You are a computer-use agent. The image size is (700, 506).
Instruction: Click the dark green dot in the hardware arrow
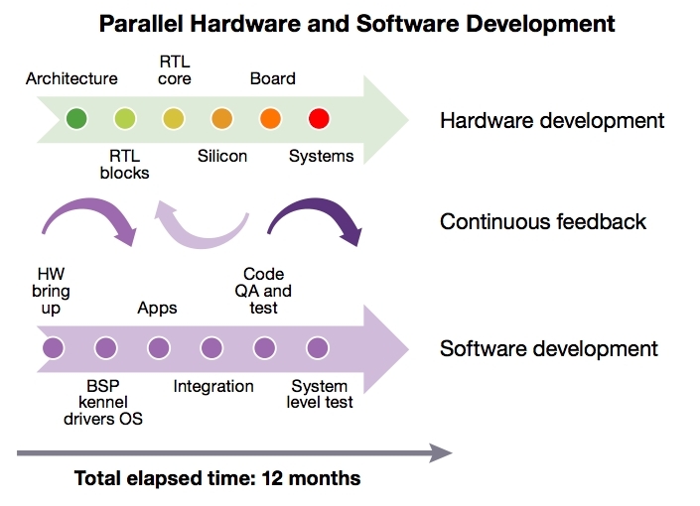click(76, 119)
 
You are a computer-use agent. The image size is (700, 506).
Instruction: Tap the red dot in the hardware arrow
click(319, 119)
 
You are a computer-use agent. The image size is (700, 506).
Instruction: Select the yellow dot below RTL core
click(173, 119)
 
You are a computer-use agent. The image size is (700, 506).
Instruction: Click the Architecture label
click(71, 78)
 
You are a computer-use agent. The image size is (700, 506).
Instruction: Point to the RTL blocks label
click(124, 165)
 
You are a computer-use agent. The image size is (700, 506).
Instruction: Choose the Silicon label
click(222, 156)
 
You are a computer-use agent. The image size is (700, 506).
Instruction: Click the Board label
click(273, 78)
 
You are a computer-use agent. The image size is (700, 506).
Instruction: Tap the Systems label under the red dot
click(321, 156)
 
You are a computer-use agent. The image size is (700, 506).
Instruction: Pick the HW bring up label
click(51, 291)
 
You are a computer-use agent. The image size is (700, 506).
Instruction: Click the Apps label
click(157, 308)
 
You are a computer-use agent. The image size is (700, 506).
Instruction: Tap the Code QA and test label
click(263, 291)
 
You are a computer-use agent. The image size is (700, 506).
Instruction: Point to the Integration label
click(213, 386)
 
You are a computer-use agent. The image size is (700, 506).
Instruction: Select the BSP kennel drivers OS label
click(103, 402)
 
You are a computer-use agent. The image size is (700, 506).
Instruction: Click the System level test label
click(320, 394)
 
